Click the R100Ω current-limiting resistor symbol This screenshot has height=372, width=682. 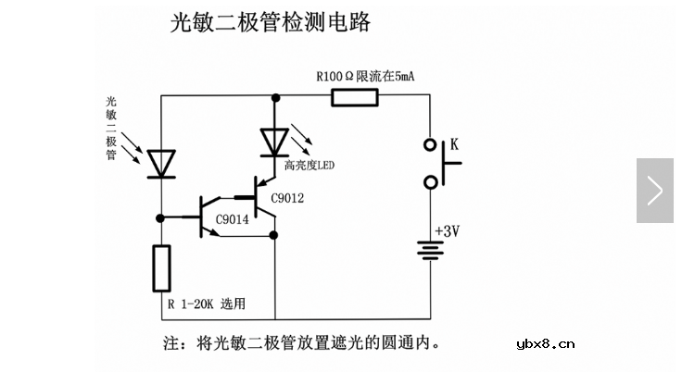(357, 95)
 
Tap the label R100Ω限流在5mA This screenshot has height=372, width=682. (365, 76)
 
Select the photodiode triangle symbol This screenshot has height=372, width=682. (161, 163)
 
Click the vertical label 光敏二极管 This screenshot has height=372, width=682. (111, 129)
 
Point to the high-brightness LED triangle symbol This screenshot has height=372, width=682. (274, 142)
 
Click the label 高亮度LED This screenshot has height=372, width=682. (309, 167)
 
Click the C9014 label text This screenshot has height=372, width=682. (232, 220)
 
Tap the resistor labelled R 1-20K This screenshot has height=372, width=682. (161, 268)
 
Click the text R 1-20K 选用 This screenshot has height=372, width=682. (207, 304)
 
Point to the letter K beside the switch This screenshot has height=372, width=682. (455, 144)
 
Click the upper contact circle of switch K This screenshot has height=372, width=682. (431, 144)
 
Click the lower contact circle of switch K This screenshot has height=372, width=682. (431, 183)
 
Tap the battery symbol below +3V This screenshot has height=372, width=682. (430, 252)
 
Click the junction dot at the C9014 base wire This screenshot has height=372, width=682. (161, 218)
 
